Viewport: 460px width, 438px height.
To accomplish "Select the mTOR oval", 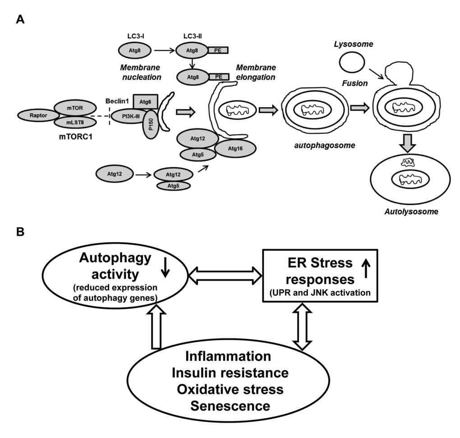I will [76, 108].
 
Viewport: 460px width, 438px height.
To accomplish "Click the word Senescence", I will [230, 406].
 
